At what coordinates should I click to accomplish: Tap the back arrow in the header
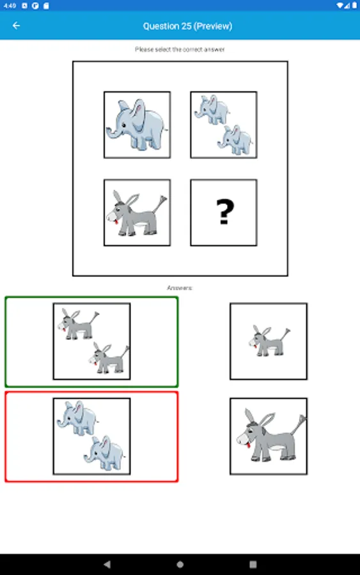pyautogui.click(x=16, y=26)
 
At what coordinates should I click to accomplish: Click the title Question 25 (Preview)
pyautogui.click(x=187, y=26)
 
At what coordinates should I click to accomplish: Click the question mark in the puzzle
pyautogui.click(x=225, y=211)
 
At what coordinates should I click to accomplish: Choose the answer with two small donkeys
pyautogui.click(x=91, y=341)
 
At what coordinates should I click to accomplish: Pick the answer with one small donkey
pyautogui.click(x=269, y=341)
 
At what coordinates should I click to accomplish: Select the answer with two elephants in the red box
pyautogui.click(x=91, y=436)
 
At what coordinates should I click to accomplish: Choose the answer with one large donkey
pyautogui.click(x=269, y=436)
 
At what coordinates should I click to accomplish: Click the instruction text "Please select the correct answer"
pyautogui.click(x=180, y=49)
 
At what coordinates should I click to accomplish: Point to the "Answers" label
pyautogui.click(x=180, y=288)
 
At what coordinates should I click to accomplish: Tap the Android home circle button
pyautogui.click(x=180, y=564)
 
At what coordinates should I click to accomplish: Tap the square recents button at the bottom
pyautogui.click(x=253, y=564)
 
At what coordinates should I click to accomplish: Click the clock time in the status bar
pyautogui.click(x=10, y=6)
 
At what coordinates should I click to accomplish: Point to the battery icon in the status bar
pyautogui.click(x=354, y=5)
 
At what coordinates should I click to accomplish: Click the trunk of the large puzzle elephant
pyautogui.click(x=113, y=133)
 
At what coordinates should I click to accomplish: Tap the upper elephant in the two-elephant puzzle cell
pyautogui.click(x=212, y=109)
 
